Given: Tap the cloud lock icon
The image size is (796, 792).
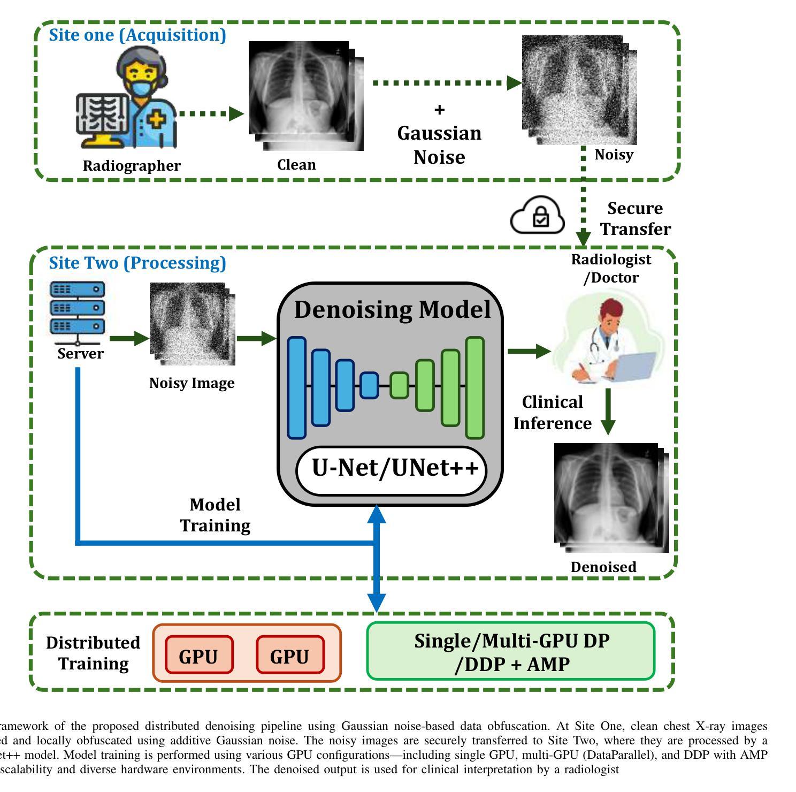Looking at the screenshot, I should click(538, 216).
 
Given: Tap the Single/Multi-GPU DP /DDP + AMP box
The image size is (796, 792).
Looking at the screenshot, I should click(510, 651).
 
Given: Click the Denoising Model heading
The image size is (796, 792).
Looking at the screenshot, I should click(392, 310).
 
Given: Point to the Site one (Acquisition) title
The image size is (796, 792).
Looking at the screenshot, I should click(137, 35).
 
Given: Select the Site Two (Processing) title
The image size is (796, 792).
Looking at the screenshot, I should click(137, 263).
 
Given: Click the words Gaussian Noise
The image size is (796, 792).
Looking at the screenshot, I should click(439, 145).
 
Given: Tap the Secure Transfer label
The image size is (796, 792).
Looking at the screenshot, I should click(635, 218).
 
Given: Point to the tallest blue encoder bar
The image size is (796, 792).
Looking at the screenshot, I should click(297, 388).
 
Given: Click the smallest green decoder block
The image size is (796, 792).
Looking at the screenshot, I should click(399, 385).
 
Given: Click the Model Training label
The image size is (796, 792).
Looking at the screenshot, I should click(215, 515).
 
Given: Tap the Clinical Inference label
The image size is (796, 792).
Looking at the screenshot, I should click(552, 413).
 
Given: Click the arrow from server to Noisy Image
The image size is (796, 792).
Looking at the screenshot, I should click(128, 338).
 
